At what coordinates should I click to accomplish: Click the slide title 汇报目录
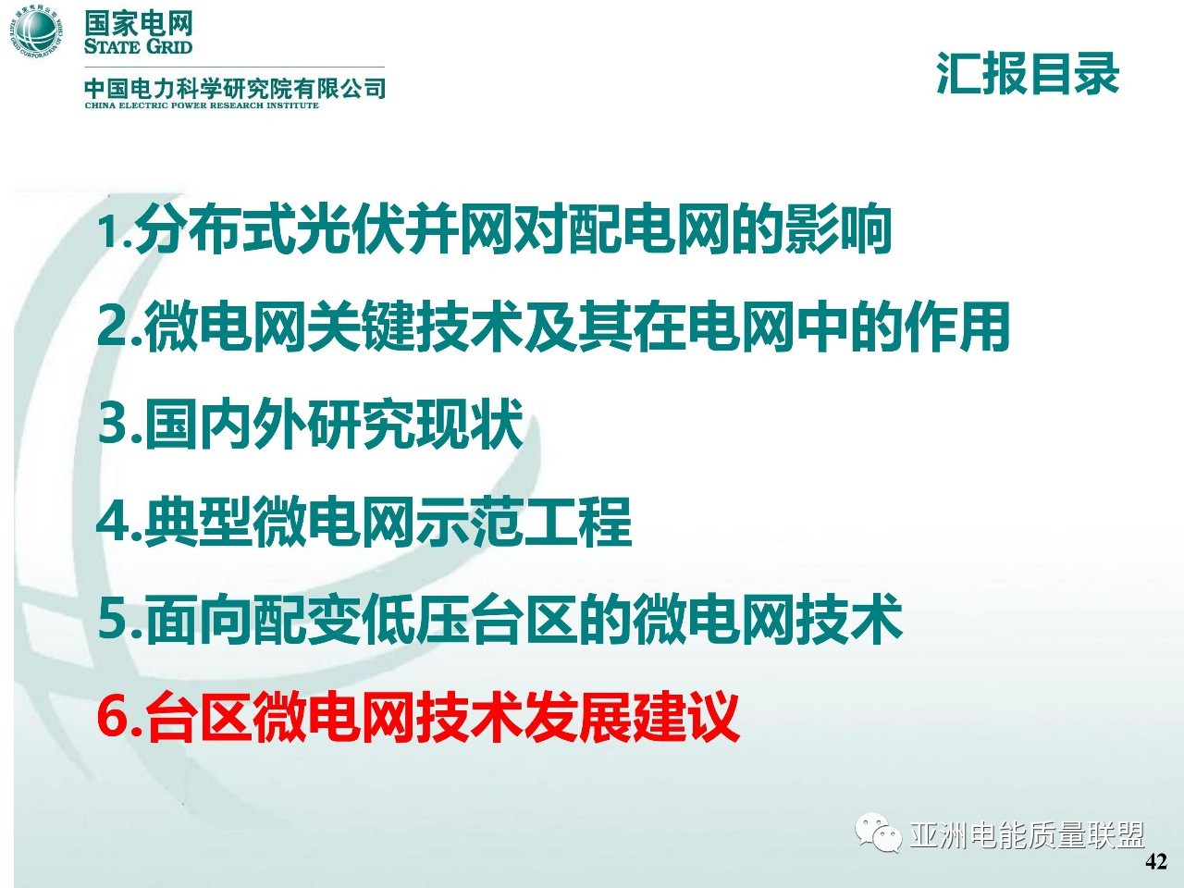coord(1028,74)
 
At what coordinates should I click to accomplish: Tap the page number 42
coord(1156,861)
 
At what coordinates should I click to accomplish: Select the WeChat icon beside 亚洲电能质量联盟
coord(878,832)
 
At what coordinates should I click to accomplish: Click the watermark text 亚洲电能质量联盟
coord(1027,835)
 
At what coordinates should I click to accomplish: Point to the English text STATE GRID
coord(138,46)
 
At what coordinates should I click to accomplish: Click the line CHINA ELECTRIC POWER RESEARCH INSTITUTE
coord(202,105)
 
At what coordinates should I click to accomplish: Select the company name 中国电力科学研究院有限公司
coord(235,87)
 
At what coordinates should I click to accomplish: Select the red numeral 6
coord(113,717)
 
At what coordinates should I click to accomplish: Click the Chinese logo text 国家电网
coord(138,23)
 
